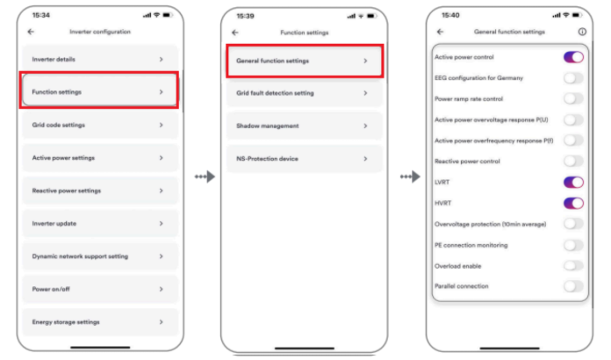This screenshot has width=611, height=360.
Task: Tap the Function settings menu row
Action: click(100, 92)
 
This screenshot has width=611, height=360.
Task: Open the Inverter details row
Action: click(100, 59)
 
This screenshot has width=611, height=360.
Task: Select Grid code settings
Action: click(100, 125)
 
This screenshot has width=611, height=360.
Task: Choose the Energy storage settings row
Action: click(100, 322)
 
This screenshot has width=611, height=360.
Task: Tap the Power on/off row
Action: click(100, 289)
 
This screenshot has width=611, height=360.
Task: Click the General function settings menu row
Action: click(305, 61)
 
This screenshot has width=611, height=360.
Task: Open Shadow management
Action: click(305, 126)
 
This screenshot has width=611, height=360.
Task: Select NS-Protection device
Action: click(305, 159)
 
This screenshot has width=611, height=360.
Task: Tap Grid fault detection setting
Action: click(305, 93)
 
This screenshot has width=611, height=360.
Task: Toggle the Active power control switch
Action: click(573, 57)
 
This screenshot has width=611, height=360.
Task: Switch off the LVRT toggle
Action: click(573, 183)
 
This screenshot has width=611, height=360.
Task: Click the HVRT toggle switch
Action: click(573, 203)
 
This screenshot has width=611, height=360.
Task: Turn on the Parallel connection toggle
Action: click(573, 286)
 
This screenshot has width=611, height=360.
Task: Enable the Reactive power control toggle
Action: click(573, 162)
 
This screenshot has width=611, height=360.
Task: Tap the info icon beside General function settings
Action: click(582, 32)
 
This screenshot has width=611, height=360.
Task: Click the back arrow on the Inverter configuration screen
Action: click(31, 32)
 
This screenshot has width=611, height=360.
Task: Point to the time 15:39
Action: click(245, 16)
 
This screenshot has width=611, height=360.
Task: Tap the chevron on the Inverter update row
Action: click(161, 224)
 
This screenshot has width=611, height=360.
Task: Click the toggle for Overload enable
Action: click(573, 266)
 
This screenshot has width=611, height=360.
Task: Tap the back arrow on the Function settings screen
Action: click(235, 32)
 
